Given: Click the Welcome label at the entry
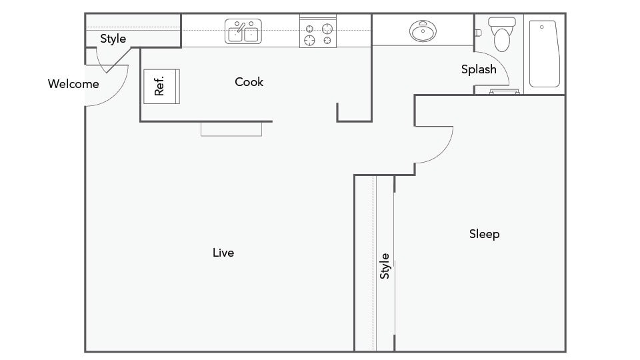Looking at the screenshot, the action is click(73, 84).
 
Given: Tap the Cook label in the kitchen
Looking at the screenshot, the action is click(249, 82).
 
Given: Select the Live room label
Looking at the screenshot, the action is click(223, 253).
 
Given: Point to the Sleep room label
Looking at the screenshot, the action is click(485, 234).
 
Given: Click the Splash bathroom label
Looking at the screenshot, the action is click(479, 69).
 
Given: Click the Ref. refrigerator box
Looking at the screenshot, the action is click(161, 86).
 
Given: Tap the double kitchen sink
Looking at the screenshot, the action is click(243, 31).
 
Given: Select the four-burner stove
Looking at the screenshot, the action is click(318, 31).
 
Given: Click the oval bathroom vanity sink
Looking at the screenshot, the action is click(423, 31).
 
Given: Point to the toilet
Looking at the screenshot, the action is click(501, 34).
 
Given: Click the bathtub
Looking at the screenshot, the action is click(545, 54).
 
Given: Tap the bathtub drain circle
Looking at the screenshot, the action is click(541, 27).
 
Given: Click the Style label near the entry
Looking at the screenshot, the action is click(113, 39).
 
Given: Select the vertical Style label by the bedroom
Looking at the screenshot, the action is click(385, 266).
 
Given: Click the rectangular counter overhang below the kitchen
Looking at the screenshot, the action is click(231, 129).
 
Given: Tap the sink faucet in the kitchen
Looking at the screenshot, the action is click(241, 27).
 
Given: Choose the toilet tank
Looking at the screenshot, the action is click(501, 21).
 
